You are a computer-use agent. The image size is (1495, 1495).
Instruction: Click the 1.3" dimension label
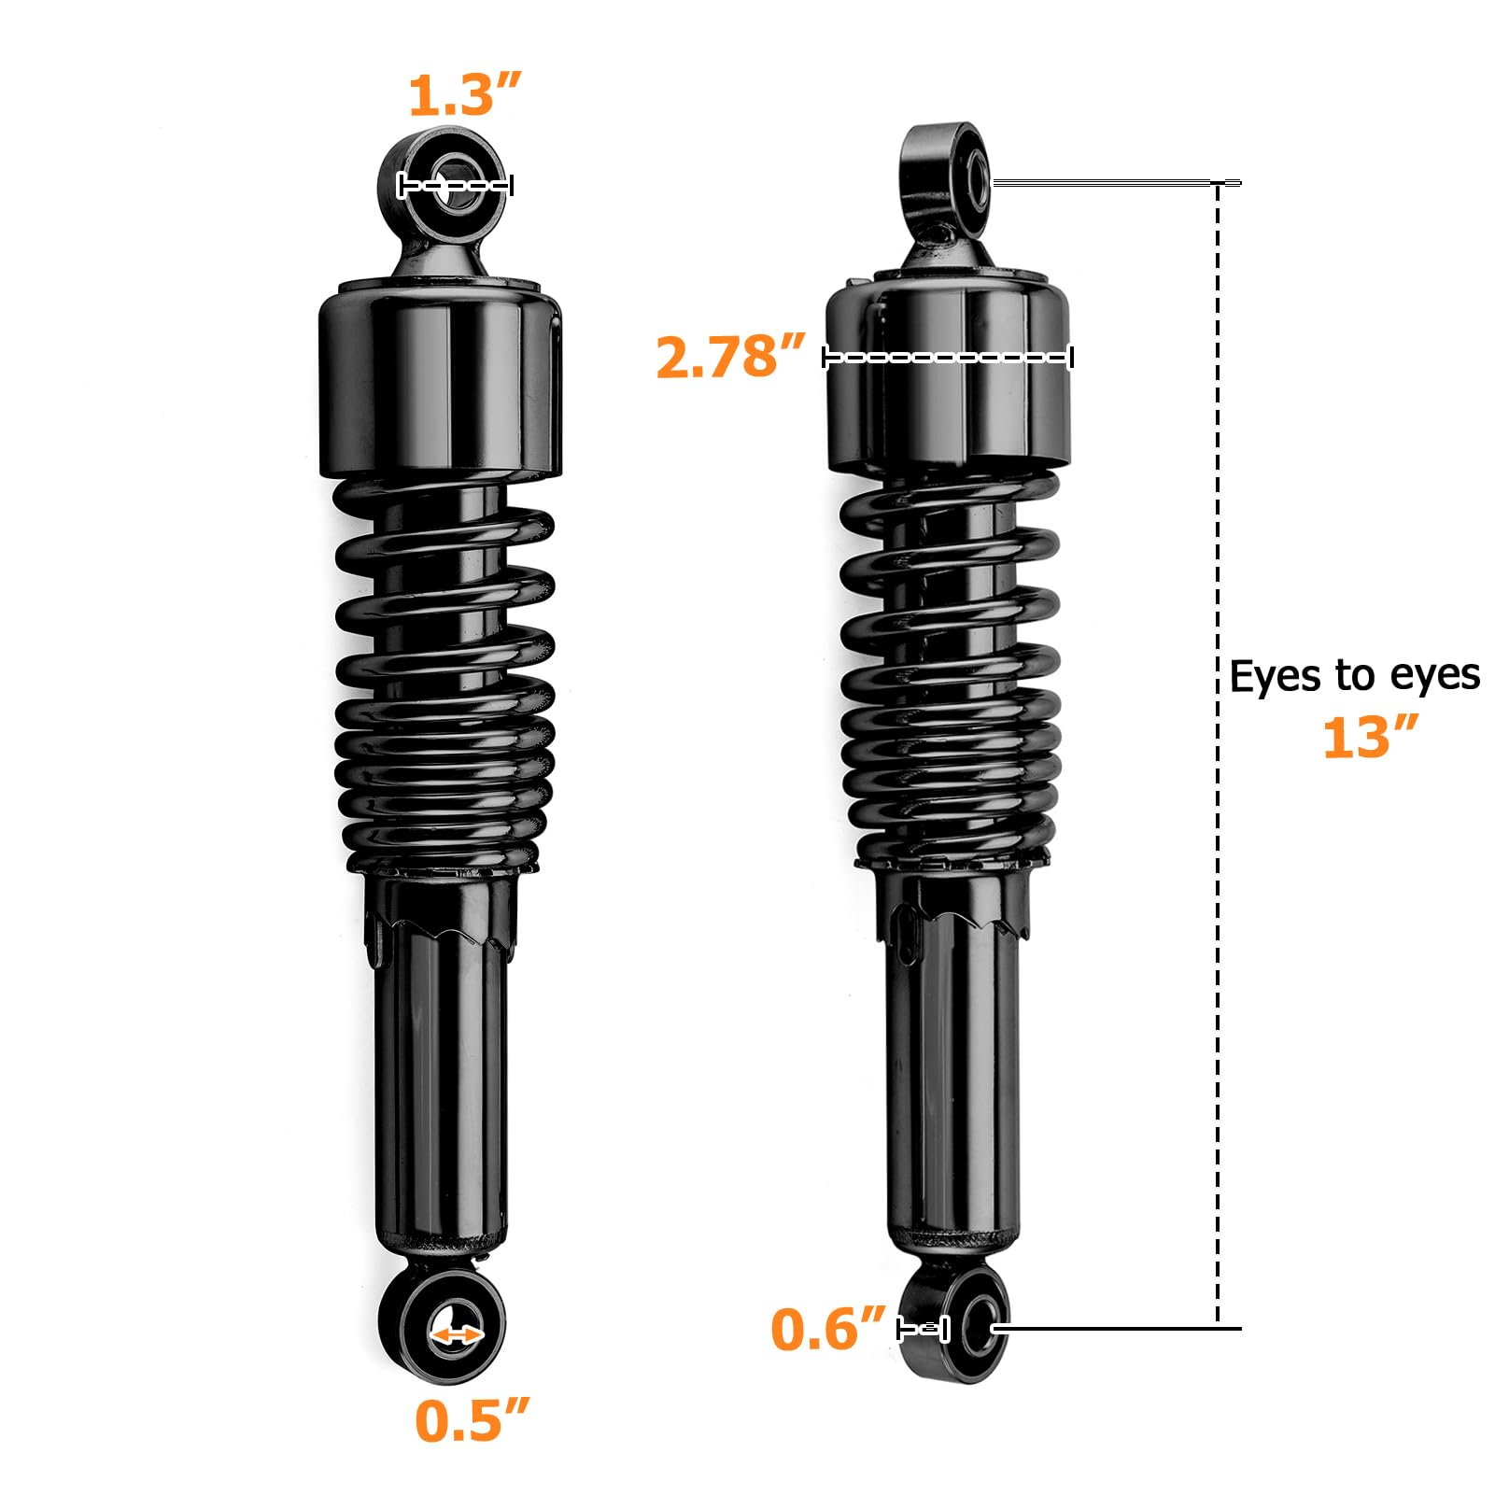coord(464,95)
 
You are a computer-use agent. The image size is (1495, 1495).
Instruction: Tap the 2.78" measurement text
coord(729,357)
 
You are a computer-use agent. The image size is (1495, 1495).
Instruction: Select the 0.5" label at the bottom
coord(472,1421)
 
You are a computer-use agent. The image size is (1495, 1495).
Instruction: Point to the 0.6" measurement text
coord(827,1329)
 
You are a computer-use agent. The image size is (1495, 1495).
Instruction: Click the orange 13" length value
coord(1370,738)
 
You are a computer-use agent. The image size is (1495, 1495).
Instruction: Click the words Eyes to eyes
coord(1354,676)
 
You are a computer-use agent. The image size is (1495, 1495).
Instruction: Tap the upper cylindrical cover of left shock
coord(439,383)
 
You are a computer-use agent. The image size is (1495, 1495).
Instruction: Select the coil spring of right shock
coord(951,672)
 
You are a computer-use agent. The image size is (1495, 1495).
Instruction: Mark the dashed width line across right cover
coord(948,357)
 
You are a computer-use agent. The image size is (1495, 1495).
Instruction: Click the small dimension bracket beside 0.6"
coord(923,1328)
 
